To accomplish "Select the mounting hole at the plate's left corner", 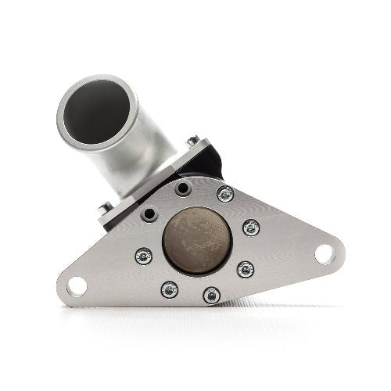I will (x=77, y=286).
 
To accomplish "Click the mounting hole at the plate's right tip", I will (x=325, y=254).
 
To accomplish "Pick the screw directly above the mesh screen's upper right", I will (x=225, y=194).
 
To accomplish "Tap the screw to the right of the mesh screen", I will (x=251, y=228).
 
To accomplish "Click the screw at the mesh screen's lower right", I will (x=245, y=269).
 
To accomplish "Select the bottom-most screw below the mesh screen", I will (x=211, y=296).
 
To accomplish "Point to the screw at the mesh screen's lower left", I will (x=169, y=290).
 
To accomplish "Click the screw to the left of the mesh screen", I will (x=143, y=256).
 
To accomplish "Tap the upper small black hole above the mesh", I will (x=182, y=189).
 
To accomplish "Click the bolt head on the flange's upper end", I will (x=192, y=142).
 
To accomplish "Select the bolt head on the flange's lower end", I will (x=106, y=209).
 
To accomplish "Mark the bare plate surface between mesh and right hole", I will (x=285, y=246).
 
